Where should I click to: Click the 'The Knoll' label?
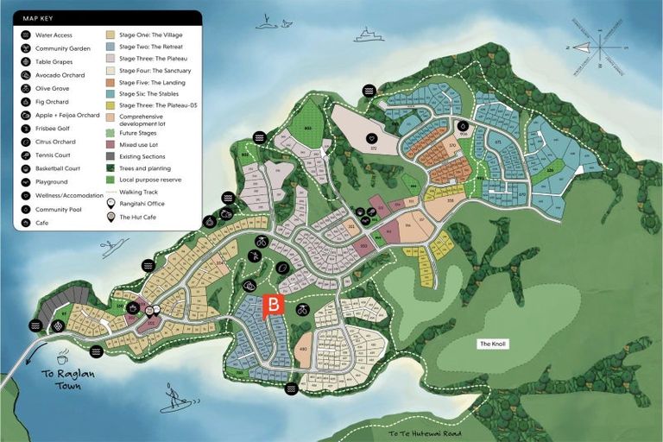coord(494,344)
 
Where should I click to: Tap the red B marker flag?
coord(273,305)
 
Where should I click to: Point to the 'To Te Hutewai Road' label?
coord(424,433)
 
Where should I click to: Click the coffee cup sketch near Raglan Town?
coord(62,357)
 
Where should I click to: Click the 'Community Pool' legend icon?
coord(26,209)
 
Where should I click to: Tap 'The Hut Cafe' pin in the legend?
coord(111,217)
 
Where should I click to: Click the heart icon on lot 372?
coord(371,138)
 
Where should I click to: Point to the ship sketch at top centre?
coord(369,35)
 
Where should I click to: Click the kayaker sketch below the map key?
coord(111,249)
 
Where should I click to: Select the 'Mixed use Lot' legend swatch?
coord(111,144)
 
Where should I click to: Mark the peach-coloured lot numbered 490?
coord(303,350)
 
